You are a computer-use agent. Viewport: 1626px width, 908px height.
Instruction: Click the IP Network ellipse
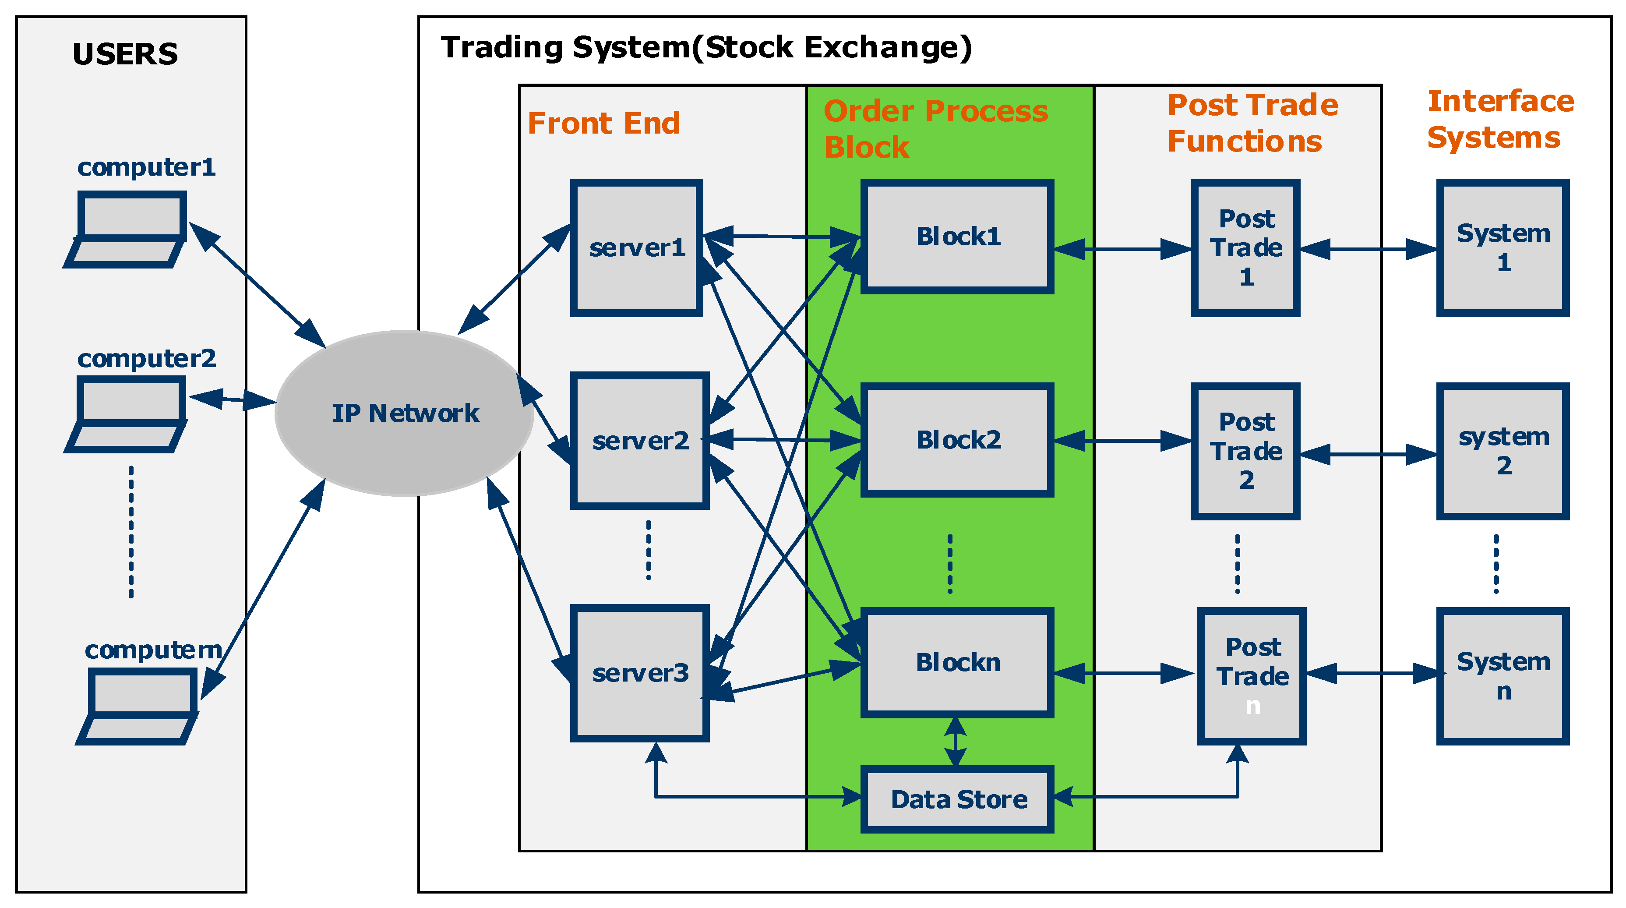coord(404,413)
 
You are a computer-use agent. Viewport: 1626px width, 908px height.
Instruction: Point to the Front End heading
coord(603,123)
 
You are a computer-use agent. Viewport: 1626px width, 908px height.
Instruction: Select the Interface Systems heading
coord(1500,119)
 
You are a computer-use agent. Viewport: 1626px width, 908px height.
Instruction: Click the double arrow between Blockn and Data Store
coord(955,742)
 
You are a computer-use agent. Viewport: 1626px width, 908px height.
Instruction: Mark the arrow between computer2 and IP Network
coord(232,399)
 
